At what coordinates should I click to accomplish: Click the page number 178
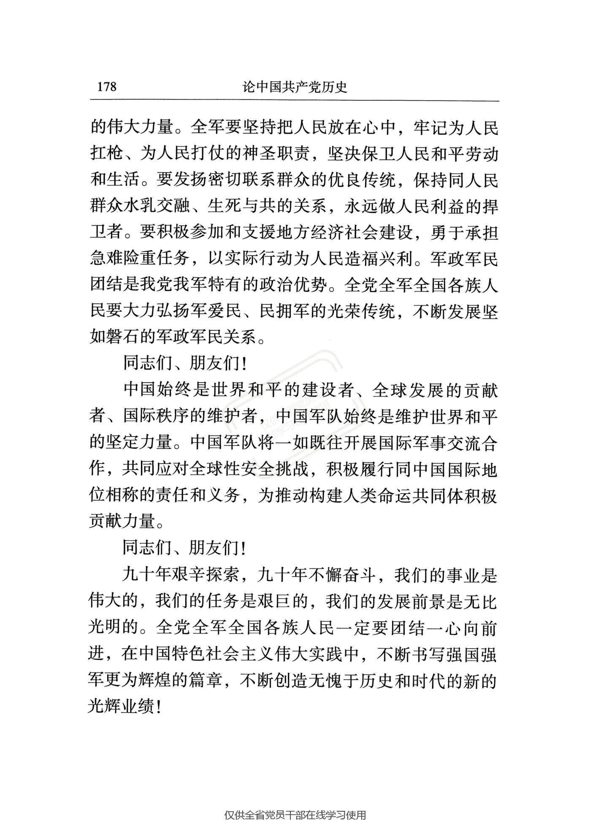tap(107, 86)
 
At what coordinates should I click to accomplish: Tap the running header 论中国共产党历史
tap(295, 86)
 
